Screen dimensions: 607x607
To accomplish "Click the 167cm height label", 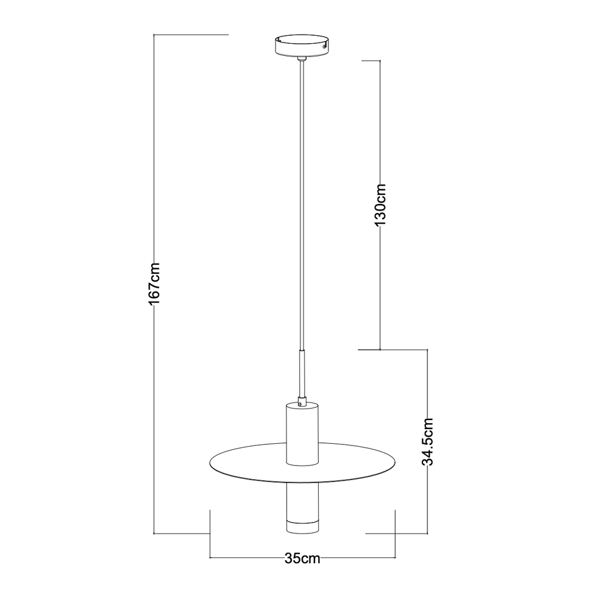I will tap(154, 283).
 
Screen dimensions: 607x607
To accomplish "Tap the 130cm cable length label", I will tap(380, 205).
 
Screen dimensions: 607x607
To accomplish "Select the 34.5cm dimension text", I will tap(429, 441).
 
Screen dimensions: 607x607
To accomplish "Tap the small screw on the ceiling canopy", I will tap(325, 45).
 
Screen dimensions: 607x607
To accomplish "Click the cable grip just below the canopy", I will tap(301, 59).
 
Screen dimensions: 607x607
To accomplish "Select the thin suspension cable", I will tap(301, 200).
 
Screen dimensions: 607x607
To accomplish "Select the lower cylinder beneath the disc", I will tap(301, 501).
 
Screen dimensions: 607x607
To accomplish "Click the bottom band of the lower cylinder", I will tap(301, 527).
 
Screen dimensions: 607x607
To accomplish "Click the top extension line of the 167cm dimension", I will tap(191, 35).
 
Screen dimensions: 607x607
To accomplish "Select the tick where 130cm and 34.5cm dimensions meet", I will tap(380, 350).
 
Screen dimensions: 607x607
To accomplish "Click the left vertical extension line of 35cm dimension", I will tap(210, 534).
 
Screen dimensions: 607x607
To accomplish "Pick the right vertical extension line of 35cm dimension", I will tap(396, 534).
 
